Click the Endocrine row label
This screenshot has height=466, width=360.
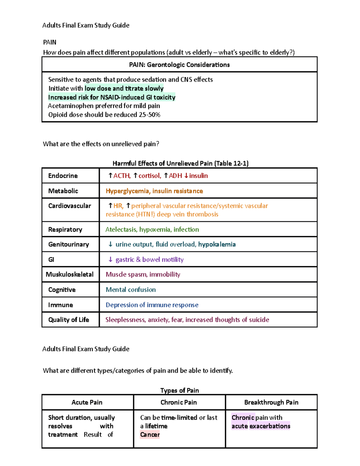point(63,176)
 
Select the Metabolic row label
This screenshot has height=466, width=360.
point(63,191)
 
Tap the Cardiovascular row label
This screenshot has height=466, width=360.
point(70,206)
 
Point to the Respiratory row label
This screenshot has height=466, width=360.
point(65,230)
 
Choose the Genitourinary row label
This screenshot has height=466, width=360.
point(69,245)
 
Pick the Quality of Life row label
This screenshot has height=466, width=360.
point(69,320)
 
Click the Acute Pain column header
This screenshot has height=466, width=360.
point(87,402)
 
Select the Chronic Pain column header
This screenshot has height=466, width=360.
point(179,402)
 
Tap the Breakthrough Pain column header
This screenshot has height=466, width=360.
point(271,402)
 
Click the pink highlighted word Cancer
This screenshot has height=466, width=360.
point(150,434)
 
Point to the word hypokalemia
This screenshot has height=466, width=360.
point(217,245)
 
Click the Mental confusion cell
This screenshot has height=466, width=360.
point(131,290)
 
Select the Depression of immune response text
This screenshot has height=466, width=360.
point(152,305)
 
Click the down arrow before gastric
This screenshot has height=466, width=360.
point(110,260)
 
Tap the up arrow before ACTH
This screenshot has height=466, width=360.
point(110,176)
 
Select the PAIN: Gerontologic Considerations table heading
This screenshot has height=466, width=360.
point(179,65)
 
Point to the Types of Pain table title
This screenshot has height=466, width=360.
point(179,390)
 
